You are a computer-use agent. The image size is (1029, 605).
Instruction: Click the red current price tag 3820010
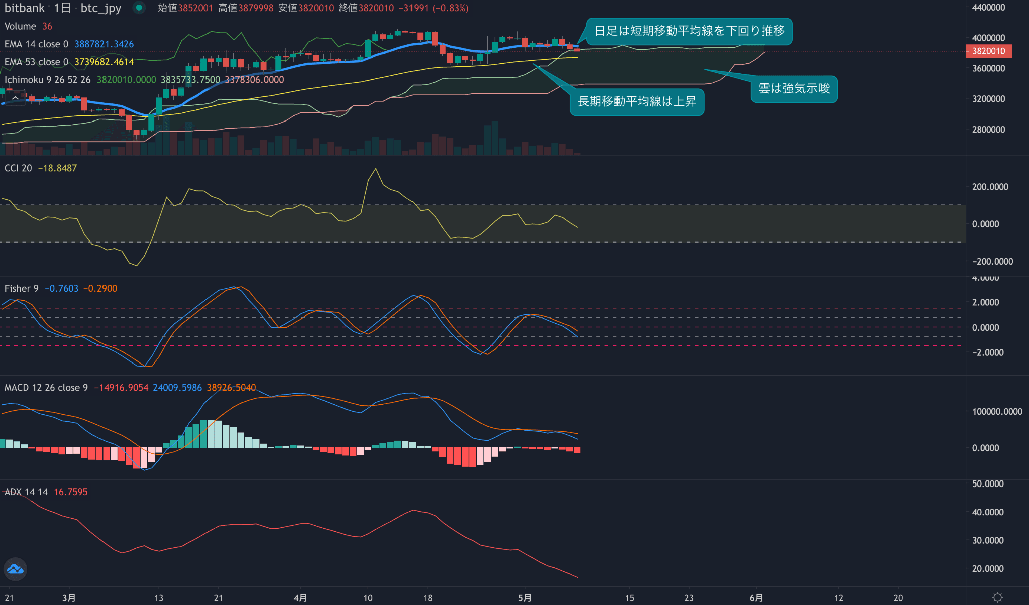(x=988, y=51)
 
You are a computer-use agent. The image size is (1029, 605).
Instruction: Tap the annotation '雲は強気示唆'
(x=794, y=89)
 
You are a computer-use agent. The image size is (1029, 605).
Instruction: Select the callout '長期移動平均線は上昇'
(x=637, y=102)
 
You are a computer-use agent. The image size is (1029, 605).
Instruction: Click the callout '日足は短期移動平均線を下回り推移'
(x=689, y=31)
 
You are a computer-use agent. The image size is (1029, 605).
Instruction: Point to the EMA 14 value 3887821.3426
(x=104, y=44)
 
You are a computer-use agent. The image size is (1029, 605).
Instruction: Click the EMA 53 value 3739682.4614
(x=104, y=62)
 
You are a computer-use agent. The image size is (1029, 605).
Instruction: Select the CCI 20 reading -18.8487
(x=57, y=168)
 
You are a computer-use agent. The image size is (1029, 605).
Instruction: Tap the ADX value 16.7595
(x=70, y=492)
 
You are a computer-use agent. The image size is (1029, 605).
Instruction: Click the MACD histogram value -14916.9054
(x=121, y=388)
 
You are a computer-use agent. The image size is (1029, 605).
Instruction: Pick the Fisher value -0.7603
(x=61, y=289)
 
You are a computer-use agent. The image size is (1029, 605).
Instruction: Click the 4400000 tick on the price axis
(x=988, y=8)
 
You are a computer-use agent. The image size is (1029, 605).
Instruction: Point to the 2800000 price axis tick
(x=988, y=130)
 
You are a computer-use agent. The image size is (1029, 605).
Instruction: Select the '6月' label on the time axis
(x=756, y=598)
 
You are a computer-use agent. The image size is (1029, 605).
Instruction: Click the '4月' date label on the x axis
(x=300, y=598)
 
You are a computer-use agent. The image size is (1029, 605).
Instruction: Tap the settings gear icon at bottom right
(x=997, y=597)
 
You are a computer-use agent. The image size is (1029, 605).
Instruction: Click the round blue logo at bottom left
(x=15, y=569)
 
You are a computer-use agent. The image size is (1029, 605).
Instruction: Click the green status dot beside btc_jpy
(x=139, y=8)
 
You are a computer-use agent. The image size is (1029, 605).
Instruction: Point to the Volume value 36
(x=47, y=26)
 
